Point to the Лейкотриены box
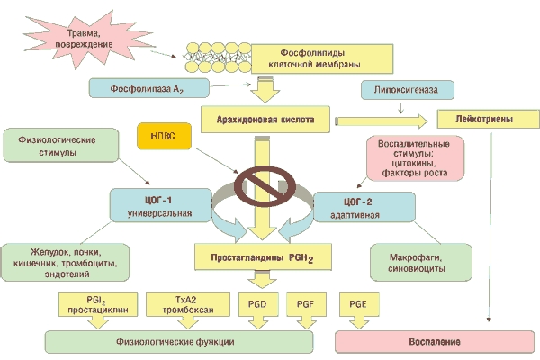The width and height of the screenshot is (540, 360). pos(487,117)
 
